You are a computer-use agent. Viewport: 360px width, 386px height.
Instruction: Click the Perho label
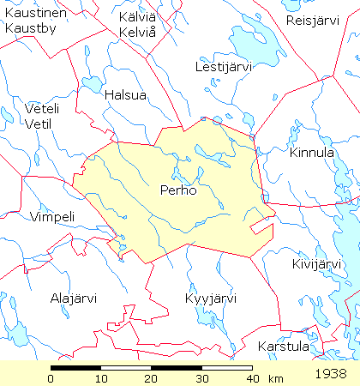click(178, 190)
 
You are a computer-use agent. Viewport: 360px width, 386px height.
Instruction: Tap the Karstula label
click(283, 347)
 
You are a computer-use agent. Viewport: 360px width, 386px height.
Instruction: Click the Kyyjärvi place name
click(211, 299)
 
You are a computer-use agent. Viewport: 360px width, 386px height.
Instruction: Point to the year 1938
click(330, 374)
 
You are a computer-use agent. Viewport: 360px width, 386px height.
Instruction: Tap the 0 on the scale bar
click(51, 378)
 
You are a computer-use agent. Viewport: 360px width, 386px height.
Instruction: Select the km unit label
click(275, 378)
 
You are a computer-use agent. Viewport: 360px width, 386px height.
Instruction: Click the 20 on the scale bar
click(152, 378)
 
